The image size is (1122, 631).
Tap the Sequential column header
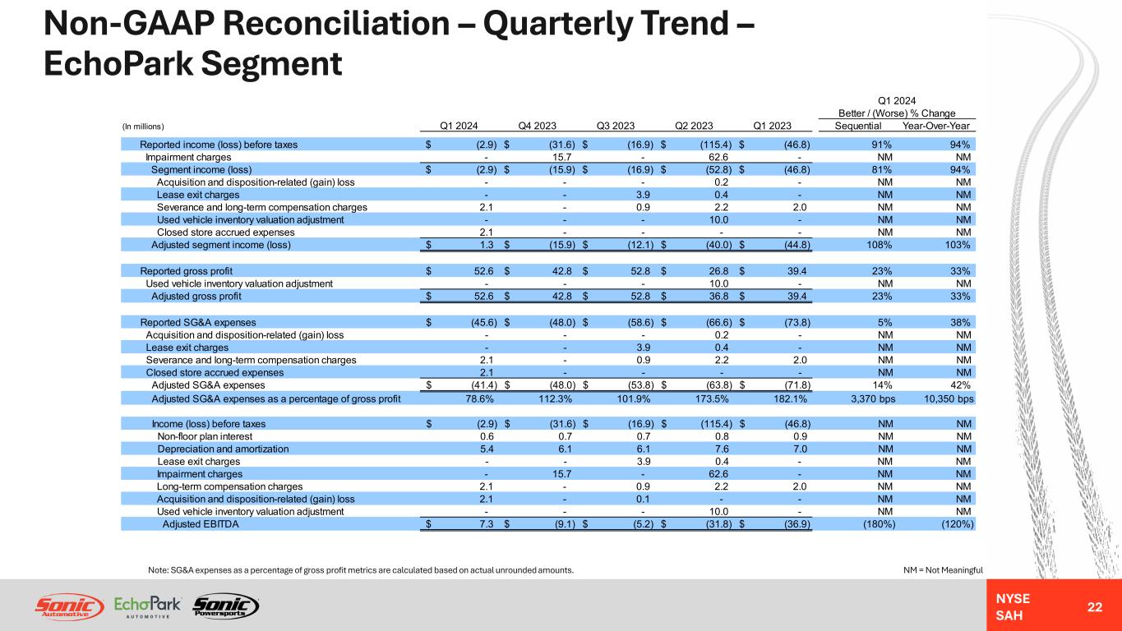[858, 126]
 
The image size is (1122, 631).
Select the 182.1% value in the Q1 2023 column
[790, 398]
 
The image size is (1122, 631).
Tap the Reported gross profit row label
[186, 271]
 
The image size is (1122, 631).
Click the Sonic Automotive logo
[69, 606]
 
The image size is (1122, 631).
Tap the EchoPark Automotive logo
[148, 606]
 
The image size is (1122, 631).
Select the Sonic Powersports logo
[225, 606]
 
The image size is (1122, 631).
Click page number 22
[1094, 606]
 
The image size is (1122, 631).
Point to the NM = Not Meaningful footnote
[942, 569]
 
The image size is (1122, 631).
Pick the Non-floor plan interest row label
[202, 436]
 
